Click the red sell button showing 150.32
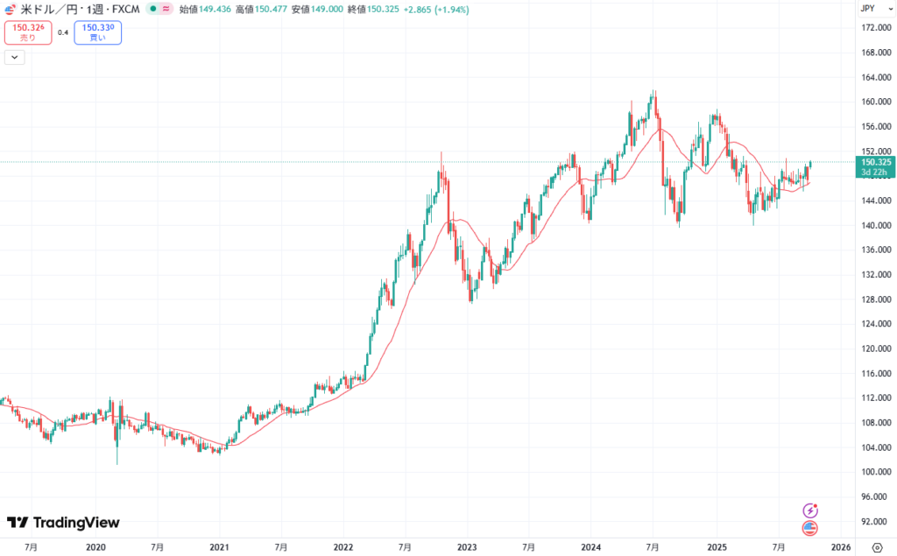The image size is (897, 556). coord(28,32)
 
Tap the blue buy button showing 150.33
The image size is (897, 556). coord(97,32)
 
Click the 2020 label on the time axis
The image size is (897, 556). coord(95,546)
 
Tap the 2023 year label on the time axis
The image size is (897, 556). coord(466,546)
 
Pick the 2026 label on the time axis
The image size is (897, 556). coord(839,546)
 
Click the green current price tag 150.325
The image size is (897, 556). coord(875,166)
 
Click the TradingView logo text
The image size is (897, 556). coord(75,523)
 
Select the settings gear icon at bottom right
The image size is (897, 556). coord(878,546)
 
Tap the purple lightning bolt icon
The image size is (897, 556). coord(810,510)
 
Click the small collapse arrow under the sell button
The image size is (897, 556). coord(15,58)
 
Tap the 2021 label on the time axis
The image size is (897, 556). coord(219,546)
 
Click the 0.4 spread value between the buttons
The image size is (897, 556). coord(63,32)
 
